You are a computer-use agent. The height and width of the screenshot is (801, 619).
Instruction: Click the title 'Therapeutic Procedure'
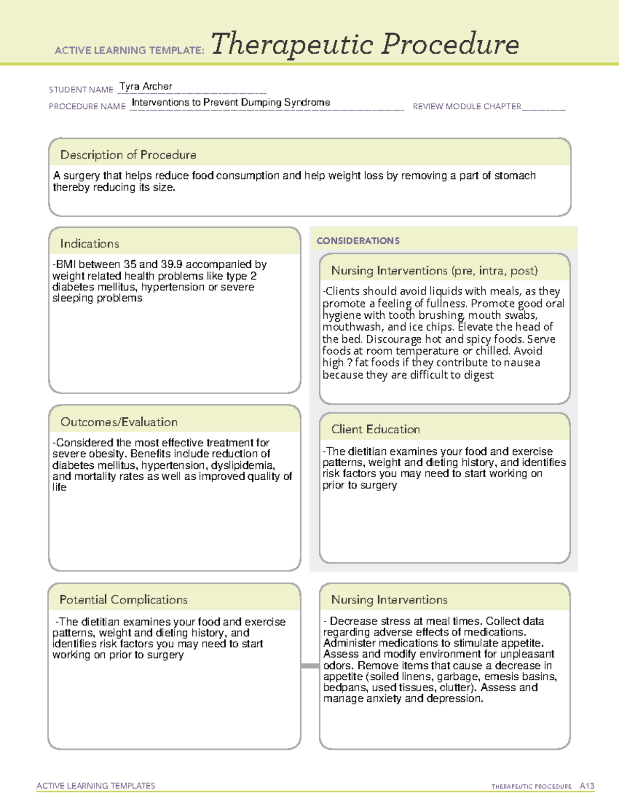365,44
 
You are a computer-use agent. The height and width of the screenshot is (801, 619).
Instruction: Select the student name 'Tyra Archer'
145,86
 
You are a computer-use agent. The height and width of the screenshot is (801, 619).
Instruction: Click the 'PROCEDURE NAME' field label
87,106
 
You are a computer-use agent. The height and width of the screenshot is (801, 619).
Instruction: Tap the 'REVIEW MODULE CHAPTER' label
466,106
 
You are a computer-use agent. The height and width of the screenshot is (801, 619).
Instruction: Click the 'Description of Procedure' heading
128,155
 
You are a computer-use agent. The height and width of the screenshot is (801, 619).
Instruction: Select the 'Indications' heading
89,243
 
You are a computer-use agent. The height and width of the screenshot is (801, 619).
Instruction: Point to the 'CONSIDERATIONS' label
358,241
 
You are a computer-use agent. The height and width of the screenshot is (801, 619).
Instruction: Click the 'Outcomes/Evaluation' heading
119,422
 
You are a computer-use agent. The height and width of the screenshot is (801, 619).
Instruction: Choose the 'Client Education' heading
376,429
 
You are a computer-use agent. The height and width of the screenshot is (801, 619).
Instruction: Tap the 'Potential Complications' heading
123,599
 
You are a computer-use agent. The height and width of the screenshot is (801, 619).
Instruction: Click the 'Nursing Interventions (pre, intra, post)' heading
434,271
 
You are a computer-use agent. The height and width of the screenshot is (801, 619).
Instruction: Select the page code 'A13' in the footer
587,786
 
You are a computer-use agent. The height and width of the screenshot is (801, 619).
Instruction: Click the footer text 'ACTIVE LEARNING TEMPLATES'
95,786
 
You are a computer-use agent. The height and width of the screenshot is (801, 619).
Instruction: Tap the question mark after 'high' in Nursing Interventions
350,363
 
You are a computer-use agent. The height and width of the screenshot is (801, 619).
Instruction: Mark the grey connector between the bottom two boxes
309,666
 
